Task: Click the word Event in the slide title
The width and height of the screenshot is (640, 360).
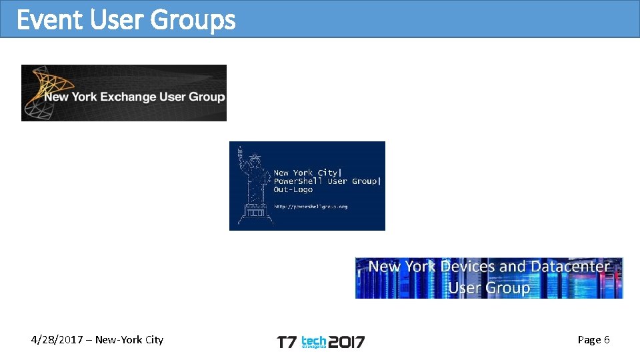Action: [x=49, y=20]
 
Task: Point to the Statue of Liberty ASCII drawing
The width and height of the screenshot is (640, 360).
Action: [x=252, y=187]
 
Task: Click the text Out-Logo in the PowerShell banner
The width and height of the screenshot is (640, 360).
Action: [x=293, y=190]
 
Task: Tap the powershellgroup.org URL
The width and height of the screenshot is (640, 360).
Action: [x=311, y=207]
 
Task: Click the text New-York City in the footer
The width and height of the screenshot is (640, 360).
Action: [x=129, y=340]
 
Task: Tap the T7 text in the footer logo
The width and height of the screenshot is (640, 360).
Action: [x=286, y=343]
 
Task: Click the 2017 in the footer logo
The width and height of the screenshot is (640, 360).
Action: [x=347, y=343]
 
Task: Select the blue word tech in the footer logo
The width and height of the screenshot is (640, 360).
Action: [x=313, y=340]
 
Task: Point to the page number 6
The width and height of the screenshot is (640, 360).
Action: [x=607, y=340]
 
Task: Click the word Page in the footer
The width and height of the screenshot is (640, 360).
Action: [x=589, y=340]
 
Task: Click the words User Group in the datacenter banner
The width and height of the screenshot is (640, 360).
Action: [x=489, y=288]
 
